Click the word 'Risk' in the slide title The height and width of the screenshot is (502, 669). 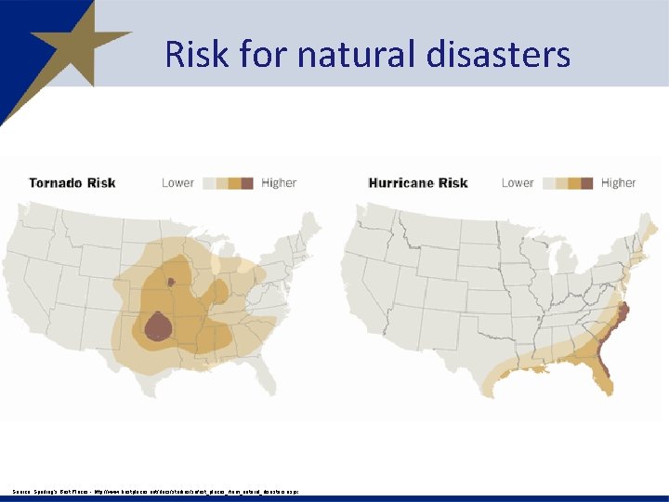point(197,54)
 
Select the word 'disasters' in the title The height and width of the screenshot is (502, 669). point(499,54)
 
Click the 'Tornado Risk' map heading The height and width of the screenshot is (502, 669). point(72,182)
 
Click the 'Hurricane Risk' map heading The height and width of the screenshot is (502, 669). point(418,182)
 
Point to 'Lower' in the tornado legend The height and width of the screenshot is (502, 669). point(177,182)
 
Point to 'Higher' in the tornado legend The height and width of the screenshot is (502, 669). point(279,182)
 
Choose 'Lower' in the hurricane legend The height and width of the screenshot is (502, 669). point(518,182)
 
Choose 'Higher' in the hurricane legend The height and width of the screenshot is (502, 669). point(619,182)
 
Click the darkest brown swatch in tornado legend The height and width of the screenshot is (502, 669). point(247,182)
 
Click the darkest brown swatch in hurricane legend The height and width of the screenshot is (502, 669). point(587,182)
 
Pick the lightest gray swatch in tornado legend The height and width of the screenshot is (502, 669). point(208,182)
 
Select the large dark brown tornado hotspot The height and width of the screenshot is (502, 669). point(158,324)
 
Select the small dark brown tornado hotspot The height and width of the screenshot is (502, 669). point(170,281)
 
